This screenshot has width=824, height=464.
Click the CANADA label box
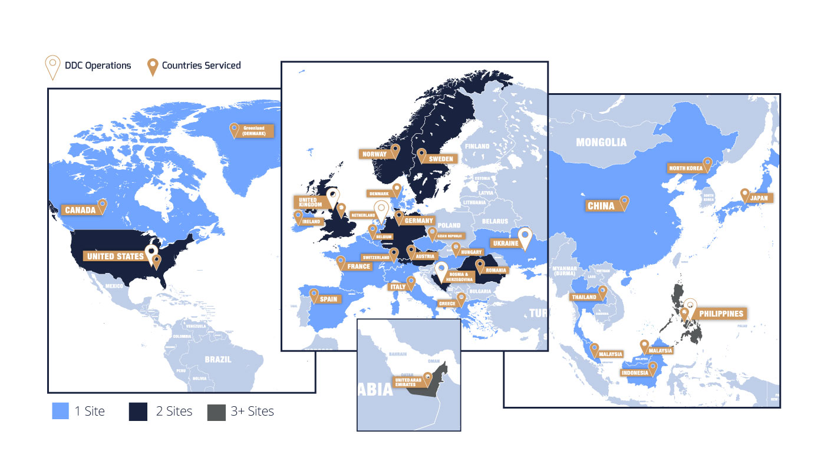click(x=80, y=210)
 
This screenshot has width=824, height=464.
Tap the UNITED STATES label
click(x=116, y=256)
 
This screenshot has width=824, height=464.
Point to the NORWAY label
click(x=375, y=154)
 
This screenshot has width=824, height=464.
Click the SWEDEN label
click(x=441, y=159)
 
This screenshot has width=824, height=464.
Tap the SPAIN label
click(x=328, y=299)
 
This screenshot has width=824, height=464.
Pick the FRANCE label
click(x=358, y=266)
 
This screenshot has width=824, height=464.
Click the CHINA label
click(x=601, y=206)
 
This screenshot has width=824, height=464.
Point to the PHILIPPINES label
click(x=721, y=314)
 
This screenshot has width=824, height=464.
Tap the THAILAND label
click(x=584, y=297)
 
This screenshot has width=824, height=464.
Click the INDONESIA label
click(x=634, y=373)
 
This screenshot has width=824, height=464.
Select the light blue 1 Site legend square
click(x=60, y=412)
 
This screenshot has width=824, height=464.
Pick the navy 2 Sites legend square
click(x=137, y=412)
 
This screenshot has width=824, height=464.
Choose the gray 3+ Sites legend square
click(x=216, y=412)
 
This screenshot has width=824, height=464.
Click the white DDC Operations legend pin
click(x=53, y=67)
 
